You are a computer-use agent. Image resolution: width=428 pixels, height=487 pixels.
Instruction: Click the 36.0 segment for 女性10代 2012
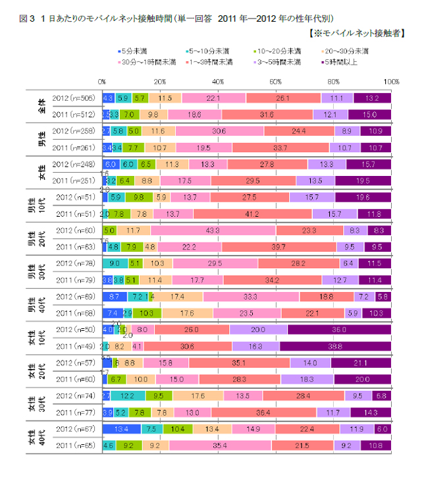(x=339, y=329)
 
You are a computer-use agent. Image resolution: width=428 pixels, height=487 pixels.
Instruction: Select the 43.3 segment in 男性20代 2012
(x=213, y=231)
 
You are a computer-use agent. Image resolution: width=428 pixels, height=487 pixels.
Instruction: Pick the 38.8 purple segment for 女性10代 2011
(x=335, y=346)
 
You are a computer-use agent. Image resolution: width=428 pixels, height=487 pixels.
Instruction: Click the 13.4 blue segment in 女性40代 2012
(x=121, y=428)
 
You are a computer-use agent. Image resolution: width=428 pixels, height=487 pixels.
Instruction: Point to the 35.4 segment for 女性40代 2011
(x=220, y=445)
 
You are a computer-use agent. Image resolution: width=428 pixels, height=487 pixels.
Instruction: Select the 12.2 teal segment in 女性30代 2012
(x=128, y=395)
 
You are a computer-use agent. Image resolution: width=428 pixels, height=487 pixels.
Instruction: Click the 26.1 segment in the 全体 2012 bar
(x=283, y=98)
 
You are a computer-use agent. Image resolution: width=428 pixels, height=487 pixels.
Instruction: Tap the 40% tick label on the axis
(x=217, y=81)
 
